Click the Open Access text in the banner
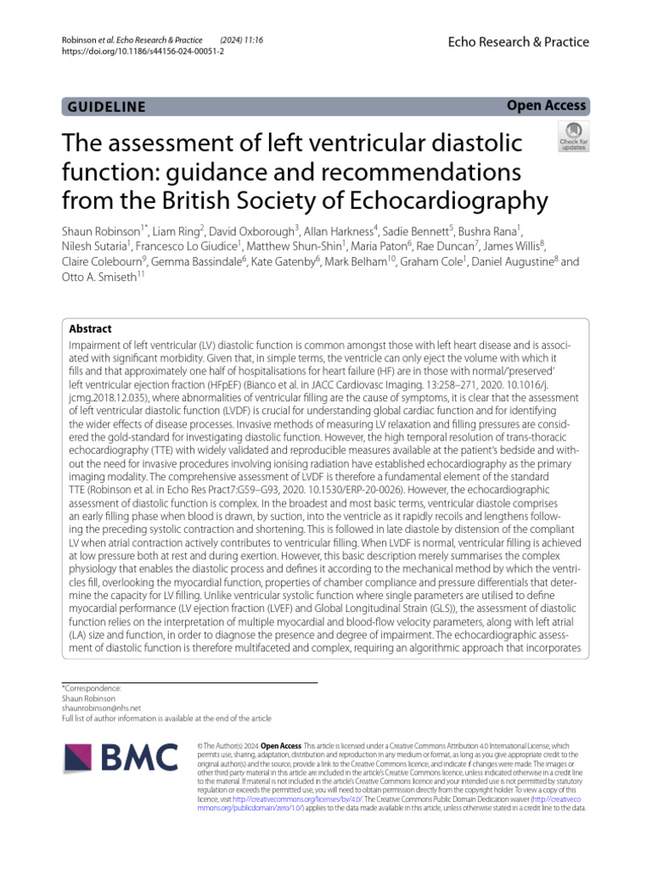pyautogui.click(x=546, y=105)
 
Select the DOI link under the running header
pyautogui.click(x=139, y=51)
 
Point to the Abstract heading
pyautogui.click(x=90, y=329)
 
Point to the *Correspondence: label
pyautogui.click(x=92, y=687)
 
